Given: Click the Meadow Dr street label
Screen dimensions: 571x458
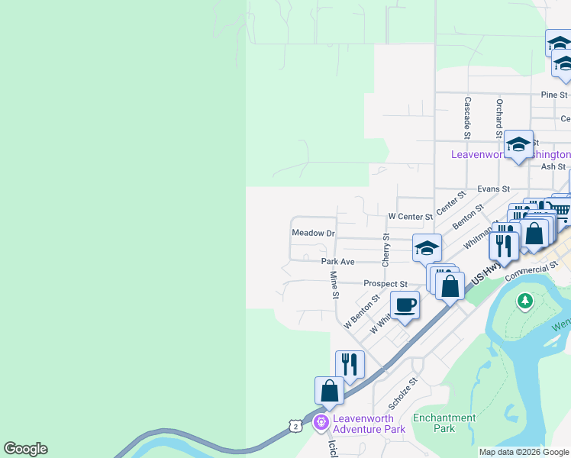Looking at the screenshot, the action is (314, 232).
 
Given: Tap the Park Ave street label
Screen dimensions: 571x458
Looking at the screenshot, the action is (337, 261).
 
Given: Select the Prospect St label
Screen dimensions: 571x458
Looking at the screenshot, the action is (386, 283).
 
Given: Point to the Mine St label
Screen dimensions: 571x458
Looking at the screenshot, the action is (334, 284).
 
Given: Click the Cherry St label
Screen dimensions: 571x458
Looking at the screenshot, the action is (386, 249).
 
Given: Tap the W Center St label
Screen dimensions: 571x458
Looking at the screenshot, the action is (410, 216).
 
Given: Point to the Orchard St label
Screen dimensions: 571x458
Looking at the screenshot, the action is (498, 113).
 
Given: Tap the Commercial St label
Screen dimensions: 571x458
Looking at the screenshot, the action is (531, 273).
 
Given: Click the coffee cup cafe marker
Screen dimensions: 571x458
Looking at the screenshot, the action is (405, 305).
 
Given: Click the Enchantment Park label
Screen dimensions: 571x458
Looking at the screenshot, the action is (444, 423).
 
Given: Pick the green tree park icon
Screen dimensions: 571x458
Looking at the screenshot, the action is (524, 301).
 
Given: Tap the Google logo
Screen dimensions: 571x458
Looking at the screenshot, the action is (26, 449).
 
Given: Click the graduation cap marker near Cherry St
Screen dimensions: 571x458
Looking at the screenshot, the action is (427, 247).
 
